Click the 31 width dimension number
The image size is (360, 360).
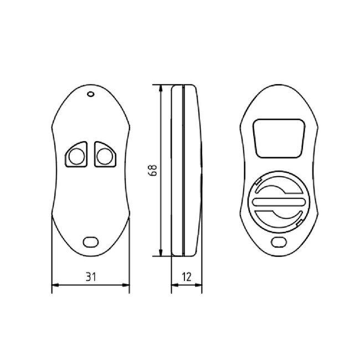[90, 275]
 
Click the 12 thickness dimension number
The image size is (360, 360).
[186, 275]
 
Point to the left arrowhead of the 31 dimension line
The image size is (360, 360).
[54, 286]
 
